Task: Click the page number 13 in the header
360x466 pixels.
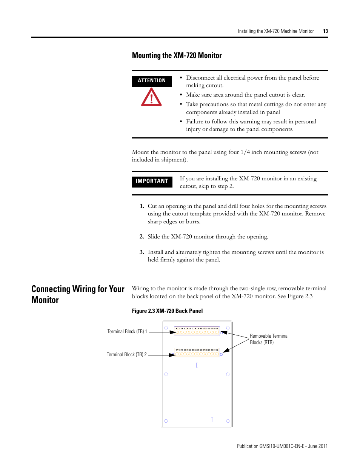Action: coord(325,31)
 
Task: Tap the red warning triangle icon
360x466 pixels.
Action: coord(151,97)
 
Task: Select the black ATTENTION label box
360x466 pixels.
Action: coord(152,81)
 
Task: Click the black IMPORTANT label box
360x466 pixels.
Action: coord(152,181)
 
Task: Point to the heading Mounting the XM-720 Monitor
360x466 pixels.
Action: coord(177,55)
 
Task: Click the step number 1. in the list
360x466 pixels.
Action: coord(142,206)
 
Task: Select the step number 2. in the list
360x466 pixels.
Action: coord(142,237)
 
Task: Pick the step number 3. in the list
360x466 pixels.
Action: coord(142,252)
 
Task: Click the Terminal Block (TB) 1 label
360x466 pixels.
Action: coord(127,332)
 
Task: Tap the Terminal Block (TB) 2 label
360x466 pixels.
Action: coord(127,355)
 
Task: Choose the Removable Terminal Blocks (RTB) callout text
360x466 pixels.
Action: coord(269,339)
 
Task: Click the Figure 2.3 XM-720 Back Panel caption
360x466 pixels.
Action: coord(167,311)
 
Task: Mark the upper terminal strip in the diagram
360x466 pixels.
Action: coord(197,331)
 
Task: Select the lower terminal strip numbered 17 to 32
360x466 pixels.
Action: coord(197,352)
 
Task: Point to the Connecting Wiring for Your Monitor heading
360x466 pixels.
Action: coord(78,294)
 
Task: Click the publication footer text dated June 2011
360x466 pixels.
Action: coord(282,446)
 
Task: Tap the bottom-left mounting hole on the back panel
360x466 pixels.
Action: coord(166,421)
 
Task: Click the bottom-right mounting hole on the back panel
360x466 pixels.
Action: coord(228,421)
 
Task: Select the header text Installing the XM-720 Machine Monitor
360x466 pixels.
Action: coord(275,31)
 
